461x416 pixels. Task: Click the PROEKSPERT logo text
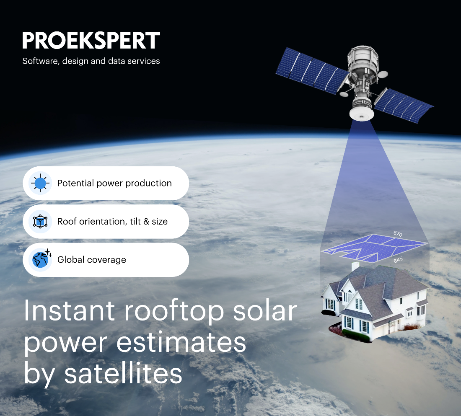[x=91, y=40]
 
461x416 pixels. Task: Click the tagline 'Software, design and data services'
[x=91, y=61]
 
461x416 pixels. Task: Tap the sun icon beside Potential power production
[x=40, y=183]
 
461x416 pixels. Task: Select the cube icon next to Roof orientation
[x=40, y=221]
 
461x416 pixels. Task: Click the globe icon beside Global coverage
[x=41, y=259]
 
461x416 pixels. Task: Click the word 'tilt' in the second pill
[x=135, y=221]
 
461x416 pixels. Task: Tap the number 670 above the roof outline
[x=398, y=234]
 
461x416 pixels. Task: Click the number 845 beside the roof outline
[x=398, y=260]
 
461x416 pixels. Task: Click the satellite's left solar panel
[x=312, y=70]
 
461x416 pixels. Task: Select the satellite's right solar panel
[x=403, y=105]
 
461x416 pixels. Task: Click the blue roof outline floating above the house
[x=374, y=248]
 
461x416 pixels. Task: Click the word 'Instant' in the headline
[x=70, y=310]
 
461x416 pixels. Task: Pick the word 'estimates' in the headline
[x=181, y=342]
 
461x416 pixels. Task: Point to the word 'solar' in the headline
[x=265, y=310]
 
